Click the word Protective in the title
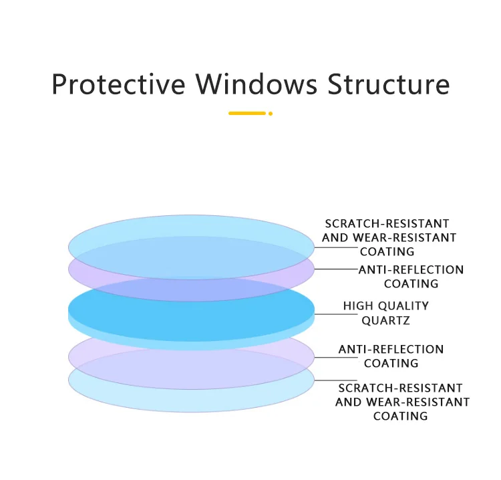(118, 85)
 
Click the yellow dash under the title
(246, 114)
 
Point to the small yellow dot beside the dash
(271, 114)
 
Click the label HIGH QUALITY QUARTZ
(385, 313)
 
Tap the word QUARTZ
(385, 320)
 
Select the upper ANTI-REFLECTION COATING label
(411, 277)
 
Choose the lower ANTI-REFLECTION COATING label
(391, 356)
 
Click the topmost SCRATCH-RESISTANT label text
(387, 223)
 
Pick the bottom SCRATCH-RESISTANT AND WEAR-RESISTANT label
(402, 402)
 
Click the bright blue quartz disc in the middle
(191, 310)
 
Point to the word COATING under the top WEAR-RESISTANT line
(387, 251)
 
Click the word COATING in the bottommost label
(401, 416)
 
